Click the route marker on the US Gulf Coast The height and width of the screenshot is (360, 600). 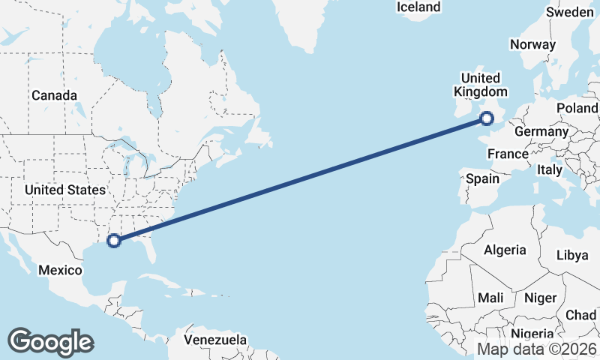coord(114,241)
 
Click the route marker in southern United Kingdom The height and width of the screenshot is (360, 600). coord(487,118)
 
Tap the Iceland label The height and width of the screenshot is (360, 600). coord(418,7)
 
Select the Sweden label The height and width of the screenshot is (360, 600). coord(569,12)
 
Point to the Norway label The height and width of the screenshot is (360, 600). coord(532,44)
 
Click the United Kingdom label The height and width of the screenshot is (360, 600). coord(480,85)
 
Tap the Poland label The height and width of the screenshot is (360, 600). coord(577,108)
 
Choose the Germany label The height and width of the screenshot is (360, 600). coord(541,131)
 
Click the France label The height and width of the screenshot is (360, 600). coord(508,154)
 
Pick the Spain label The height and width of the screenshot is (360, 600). coord(482,178)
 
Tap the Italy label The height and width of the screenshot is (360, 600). coord(550,170)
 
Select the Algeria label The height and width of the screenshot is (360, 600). coord(505,250)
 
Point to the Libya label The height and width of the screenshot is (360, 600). coord(572,255)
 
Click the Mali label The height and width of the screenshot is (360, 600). coord(490,298)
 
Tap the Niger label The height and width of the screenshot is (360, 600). coord(540,298)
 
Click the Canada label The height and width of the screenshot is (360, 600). coord(54,95)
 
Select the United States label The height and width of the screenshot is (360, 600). coord(64,190)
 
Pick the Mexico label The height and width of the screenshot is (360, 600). coord(59,269)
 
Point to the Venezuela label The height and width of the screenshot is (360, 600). coord(216,340)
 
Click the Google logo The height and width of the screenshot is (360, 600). coord(50,342)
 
